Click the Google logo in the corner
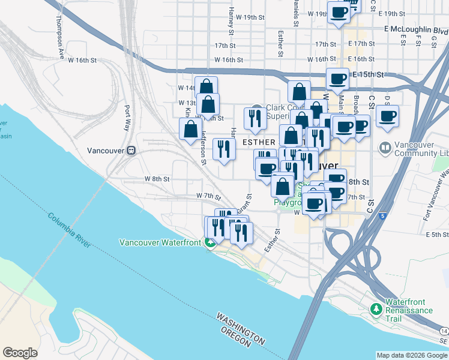click(x=20, y=353)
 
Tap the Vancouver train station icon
click(x=130, y=151)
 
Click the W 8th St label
click(x=157, y=179)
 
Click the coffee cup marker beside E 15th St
click(x=337, y=79)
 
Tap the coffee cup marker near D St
click(x=387, y=116)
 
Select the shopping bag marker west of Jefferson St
click(x=191, y=129)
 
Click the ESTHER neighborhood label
click(x=258, y=142)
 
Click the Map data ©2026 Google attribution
click(x=411, y=355)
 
